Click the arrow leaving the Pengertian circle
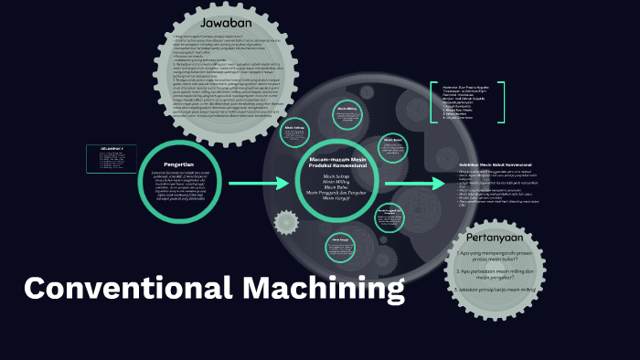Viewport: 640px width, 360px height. (x=259, y=185)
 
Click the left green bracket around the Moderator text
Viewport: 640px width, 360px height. (x=432, y=102)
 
